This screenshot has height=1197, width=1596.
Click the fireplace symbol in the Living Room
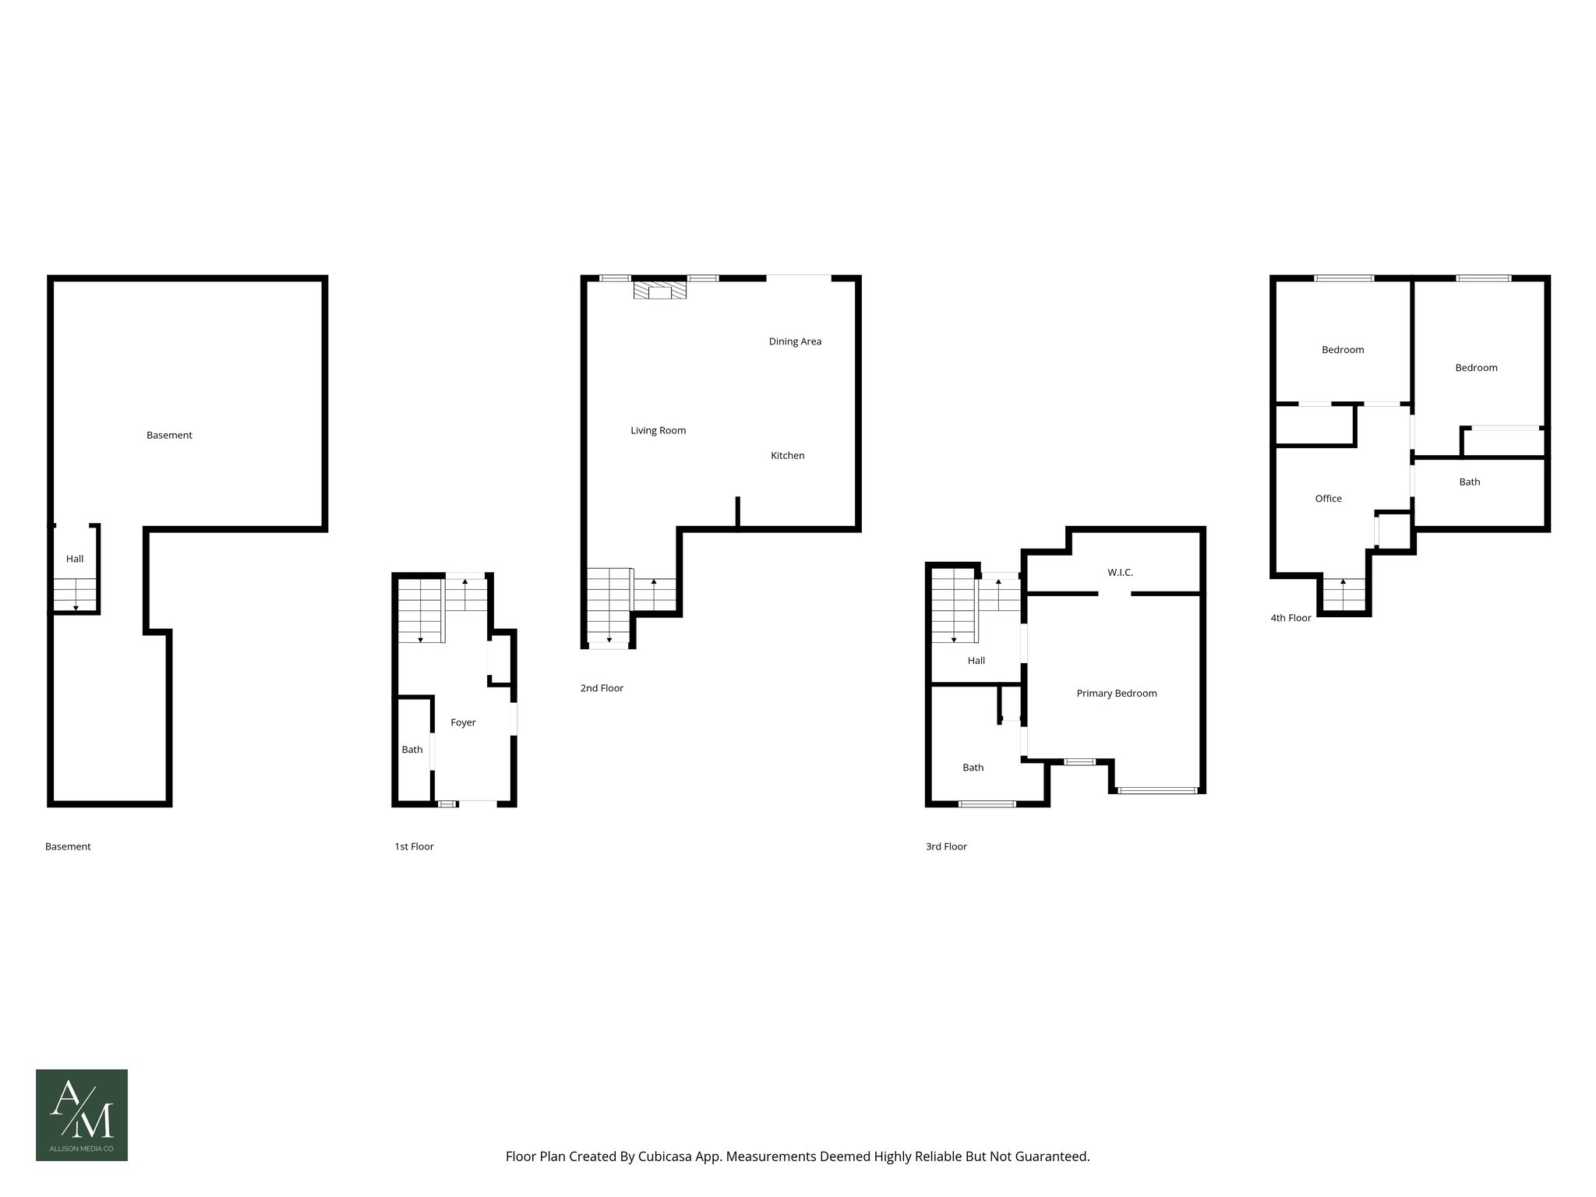659,291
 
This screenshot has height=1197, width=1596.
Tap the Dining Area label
795,341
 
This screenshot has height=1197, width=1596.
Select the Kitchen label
787,455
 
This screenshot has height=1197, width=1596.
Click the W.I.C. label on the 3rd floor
1120,572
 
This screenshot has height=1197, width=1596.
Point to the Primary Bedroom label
1116,693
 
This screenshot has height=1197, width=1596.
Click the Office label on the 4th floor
1328,499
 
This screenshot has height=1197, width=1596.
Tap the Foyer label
463,722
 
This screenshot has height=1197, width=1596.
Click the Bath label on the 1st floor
412,750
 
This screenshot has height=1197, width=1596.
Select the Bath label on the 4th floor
1469,482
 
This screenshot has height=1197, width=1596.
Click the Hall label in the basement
75,559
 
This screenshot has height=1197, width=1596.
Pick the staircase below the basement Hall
75,595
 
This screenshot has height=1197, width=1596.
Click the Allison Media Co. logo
82,1114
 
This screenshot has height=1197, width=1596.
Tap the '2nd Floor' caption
602,688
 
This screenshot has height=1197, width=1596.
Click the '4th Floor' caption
1291,618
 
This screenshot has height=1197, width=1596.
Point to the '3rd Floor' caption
946,846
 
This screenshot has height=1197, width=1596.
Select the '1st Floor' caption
414,846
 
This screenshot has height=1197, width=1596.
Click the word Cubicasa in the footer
667,1156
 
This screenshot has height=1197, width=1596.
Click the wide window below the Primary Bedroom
1157,790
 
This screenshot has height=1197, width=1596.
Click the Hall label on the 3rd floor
976,660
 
